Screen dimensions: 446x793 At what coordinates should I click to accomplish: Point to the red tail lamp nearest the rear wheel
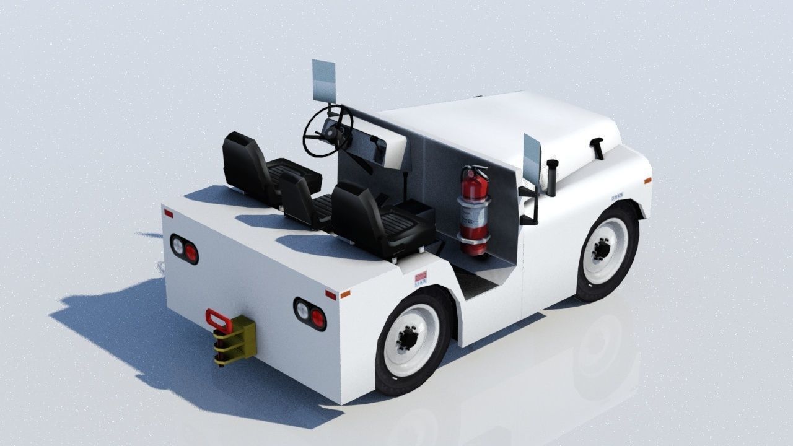point(318,318)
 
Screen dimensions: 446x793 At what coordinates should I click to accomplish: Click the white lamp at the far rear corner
point(177,246)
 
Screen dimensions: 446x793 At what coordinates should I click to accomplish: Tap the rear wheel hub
point(410,338)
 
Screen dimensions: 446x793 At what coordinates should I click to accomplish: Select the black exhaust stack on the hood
point(551,176)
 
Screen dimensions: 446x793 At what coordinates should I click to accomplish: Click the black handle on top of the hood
point(598,148)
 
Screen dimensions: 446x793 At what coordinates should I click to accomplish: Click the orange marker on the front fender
point(647,181)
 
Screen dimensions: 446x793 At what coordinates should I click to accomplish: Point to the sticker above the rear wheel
point(421,279)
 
